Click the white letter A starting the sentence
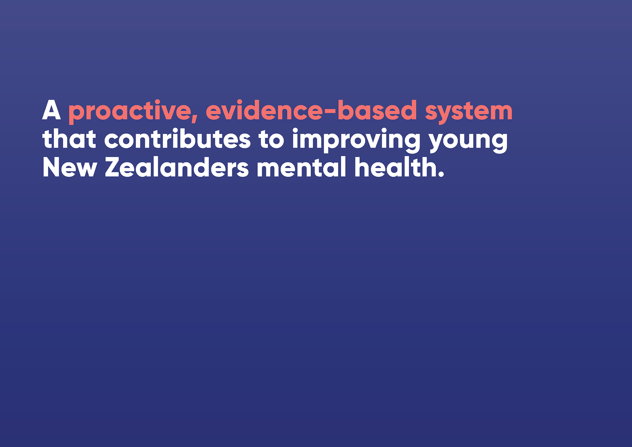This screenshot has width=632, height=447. tap(51, 110)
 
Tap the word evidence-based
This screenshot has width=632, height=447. tap(311, 110)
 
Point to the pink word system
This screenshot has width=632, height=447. tap(469, 112)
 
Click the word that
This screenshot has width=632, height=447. tap(69, 138)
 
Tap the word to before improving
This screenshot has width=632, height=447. tap(271, 140)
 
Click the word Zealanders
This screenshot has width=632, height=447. tap(177, 167)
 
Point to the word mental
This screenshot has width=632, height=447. tap(301, 167)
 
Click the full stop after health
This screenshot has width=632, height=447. tap(441, 174)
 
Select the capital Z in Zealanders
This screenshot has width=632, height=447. tap(114, 167)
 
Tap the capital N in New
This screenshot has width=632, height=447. tap(52, 167)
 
